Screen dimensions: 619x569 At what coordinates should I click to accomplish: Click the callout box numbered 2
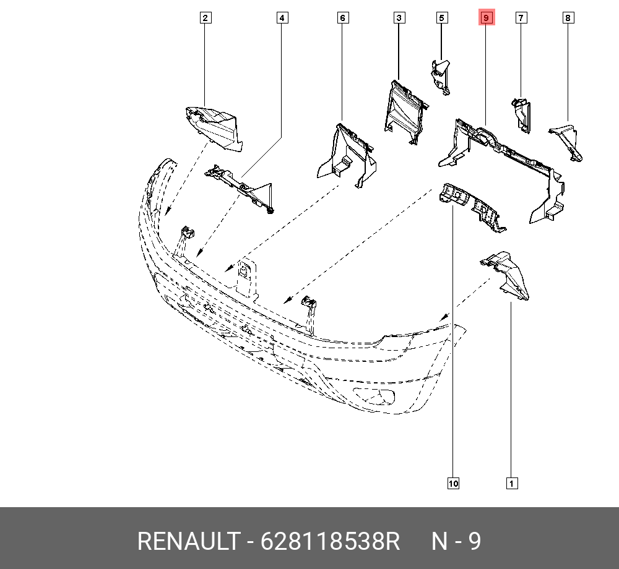click(206, 18)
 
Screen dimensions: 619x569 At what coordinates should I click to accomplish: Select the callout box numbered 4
click(282, 18)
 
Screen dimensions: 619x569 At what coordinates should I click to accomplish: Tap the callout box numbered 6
click(342, 18)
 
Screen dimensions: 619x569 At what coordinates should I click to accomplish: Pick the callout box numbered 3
click(399, 18)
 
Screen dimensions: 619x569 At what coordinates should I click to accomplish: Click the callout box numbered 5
click(441, 18)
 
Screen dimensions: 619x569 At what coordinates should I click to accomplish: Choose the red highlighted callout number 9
click(486, 18)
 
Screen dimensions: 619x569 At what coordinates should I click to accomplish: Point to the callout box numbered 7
click(521, 18)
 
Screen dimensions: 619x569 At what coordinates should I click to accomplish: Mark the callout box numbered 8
click(568, 18)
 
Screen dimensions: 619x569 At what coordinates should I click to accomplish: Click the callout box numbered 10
click(453, 483)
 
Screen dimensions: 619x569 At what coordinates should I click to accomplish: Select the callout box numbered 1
click(511, 483)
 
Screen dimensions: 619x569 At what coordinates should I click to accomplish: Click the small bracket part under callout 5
click(441, 75)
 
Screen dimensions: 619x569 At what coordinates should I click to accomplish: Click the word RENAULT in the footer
click(187, 542)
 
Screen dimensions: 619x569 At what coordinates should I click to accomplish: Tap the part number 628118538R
click(331, 542)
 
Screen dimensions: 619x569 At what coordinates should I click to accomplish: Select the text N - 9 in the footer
click(456, 542)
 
